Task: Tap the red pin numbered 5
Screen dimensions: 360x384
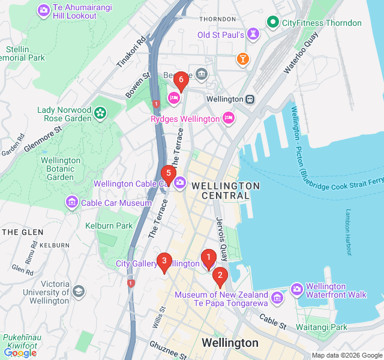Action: tap(169, 175)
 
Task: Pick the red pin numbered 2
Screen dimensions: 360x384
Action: tap(220, 277)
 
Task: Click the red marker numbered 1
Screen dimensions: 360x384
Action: tap(208, 258)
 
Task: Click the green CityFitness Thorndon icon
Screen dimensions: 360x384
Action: tap(273, 23)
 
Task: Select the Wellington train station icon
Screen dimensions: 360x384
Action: tap(249, 99)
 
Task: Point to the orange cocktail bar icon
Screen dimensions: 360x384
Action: tap(242, 59)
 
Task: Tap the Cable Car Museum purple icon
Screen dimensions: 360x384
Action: tap(72, 203)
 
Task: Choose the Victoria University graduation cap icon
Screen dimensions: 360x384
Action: tap(78, 292)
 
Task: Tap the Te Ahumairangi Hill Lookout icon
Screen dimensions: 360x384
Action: tap(44, 10)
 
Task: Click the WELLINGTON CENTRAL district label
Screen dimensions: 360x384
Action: tap(226, 191)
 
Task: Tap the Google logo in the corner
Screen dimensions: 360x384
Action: tap(20, 353)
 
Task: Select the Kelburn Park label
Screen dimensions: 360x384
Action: tap(109, 226)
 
